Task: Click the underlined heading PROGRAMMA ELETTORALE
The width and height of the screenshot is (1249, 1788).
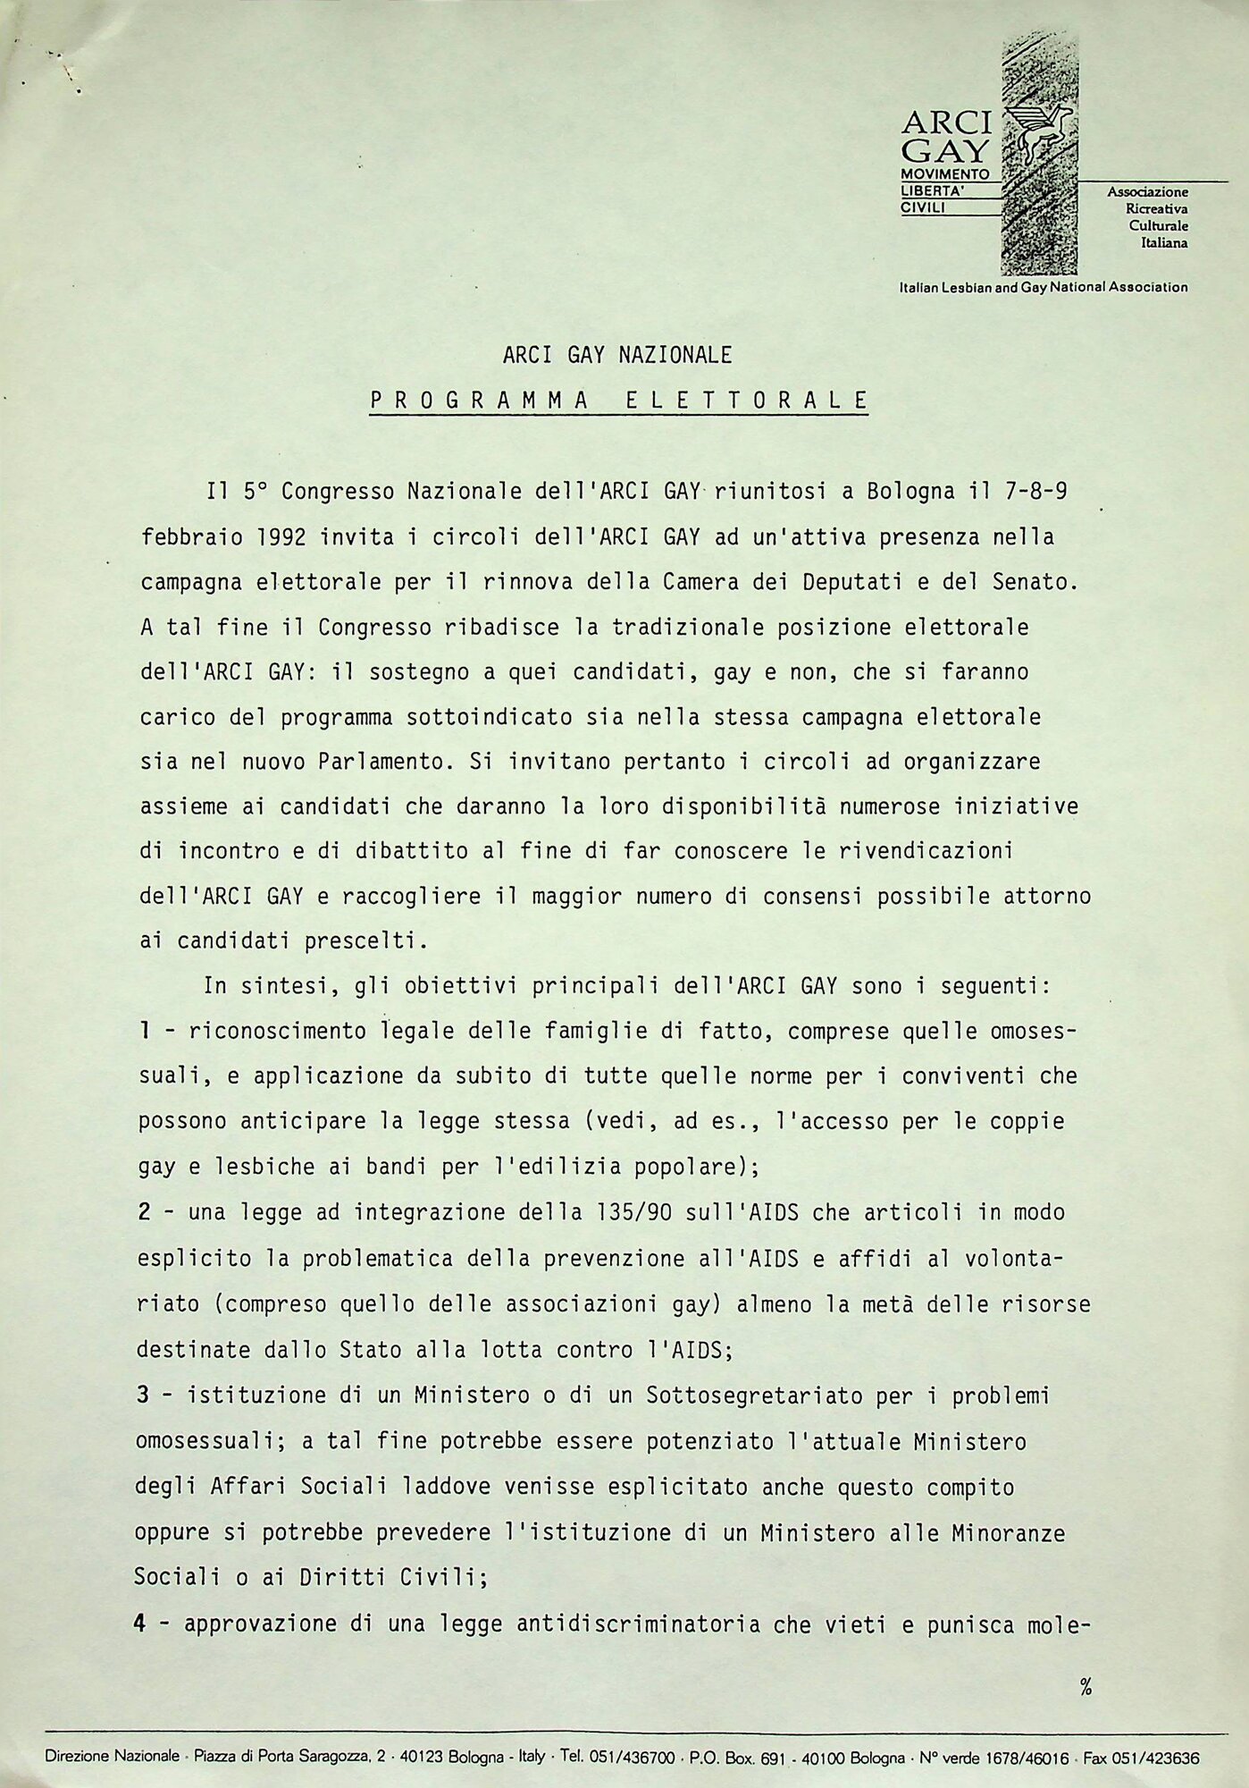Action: (x=618, y=401)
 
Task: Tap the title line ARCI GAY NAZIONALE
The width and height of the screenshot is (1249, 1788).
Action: (x=617, y=356)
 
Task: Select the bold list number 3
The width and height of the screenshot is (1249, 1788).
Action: (x=143, y=1395)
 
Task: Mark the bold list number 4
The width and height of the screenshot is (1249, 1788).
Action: (x=141, y=1623)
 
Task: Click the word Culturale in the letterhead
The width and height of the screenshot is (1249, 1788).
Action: (x=1158, y=226)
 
